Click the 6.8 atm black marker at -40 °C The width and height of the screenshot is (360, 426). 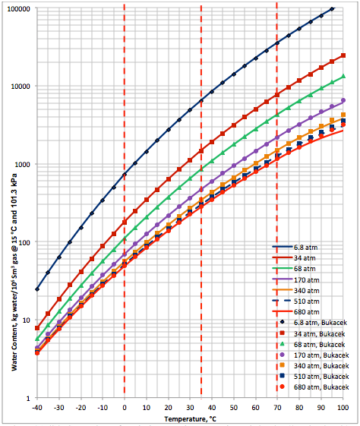coord(36,289)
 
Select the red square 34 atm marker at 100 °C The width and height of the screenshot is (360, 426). coord(343,55)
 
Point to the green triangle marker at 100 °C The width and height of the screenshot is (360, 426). coord(343,76)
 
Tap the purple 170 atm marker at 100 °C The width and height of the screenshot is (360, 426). coord(343,100)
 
